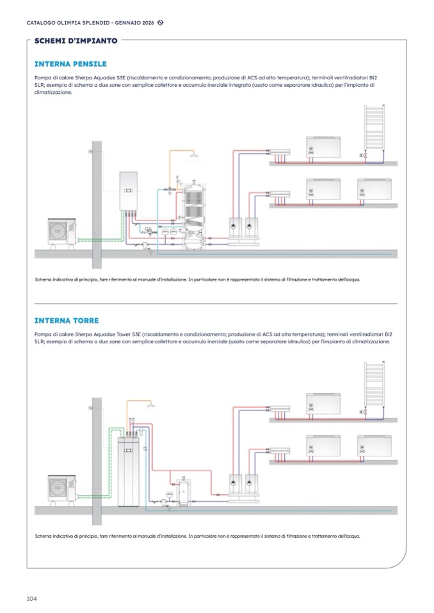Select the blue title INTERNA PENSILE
click(70, 64)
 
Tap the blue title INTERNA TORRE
click(67, 320)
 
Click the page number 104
click(32, 598)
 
